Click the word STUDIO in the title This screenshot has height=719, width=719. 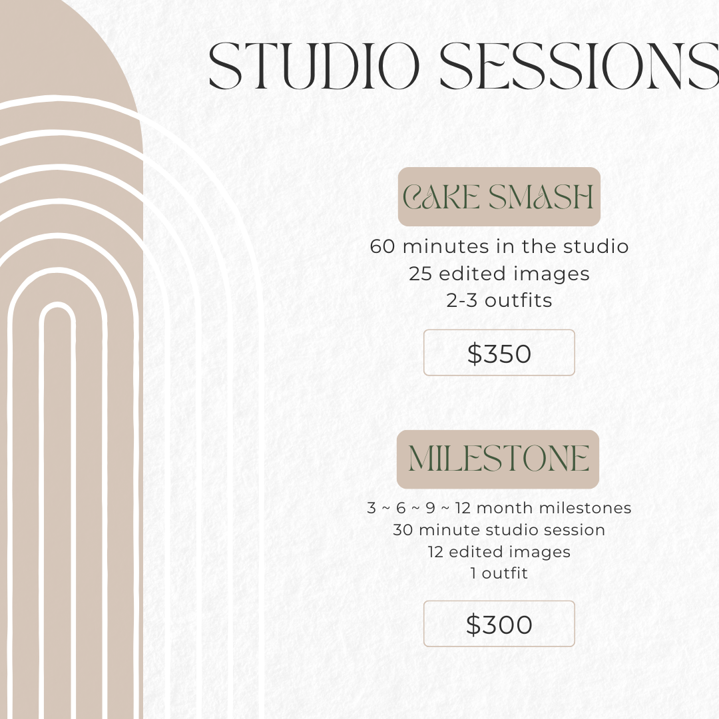[314, 66]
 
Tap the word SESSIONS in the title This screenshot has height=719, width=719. [579, 66]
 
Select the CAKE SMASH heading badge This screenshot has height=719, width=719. [499, 196]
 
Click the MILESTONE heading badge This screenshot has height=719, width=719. [498, 459]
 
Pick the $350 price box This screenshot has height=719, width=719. [499, 353]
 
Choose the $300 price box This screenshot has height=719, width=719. [499, 624]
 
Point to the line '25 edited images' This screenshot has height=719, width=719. [499, 274]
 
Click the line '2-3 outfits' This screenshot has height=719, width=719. [499, 301]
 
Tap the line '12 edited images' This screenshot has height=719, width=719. [499, 552]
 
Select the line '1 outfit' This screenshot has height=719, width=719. [499, 573]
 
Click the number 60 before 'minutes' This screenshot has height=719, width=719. [382, 247]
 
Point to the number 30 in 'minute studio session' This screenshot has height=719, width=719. [403, 530]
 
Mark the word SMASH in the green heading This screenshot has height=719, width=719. [541, 197]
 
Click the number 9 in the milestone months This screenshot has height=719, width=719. [430, 508]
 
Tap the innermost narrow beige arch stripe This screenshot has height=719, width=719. [57, 505]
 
